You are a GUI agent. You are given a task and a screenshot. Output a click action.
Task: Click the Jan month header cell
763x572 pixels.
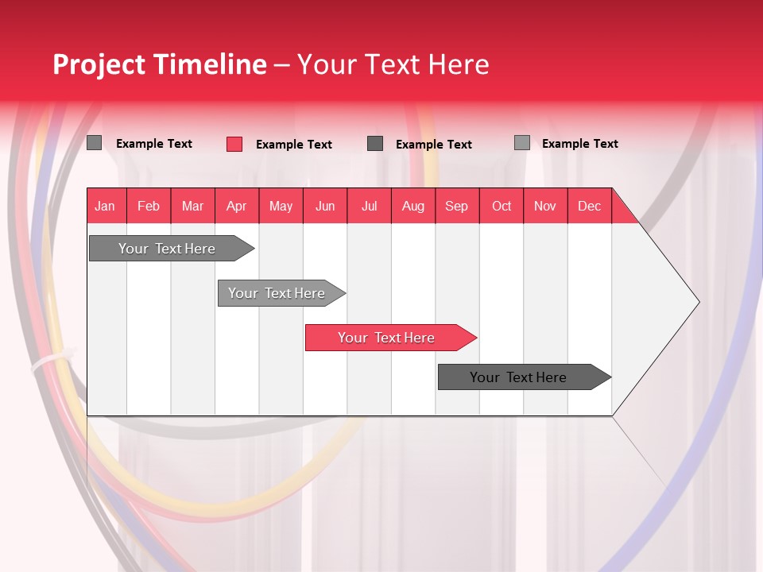105,206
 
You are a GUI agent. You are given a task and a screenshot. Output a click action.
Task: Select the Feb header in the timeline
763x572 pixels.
149,206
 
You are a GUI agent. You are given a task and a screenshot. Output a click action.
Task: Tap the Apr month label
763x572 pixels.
236,206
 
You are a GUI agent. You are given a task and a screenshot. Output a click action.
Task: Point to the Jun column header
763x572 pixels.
325,206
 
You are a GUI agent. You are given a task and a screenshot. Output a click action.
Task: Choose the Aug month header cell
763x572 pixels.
412,206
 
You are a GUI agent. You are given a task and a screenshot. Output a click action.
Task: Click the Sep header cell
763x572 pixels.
456,206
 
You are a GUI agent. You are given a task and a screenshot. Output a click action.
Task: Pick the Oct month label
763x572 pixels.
502,206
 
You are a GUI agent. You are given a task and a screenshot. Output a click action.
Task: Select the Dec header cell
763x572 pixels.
589,206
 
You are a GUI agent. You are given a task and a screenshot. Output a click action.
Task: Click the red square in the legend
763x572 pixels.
234,144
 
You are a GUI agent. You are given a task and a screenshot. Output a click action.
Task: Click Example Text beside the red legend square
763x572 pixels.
293,145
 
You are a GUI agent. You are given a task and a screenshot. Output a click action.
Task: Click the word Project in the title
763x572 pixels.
99,64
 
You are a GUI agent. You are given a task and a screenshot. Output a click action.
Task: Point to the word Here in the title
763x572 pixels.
459,64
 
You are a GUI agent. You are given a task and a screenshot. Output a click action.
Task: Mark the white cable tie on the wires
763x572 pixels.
48,362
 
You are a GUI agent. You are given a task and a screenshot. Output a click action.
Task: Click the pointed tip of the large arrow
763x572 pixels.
697,302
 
